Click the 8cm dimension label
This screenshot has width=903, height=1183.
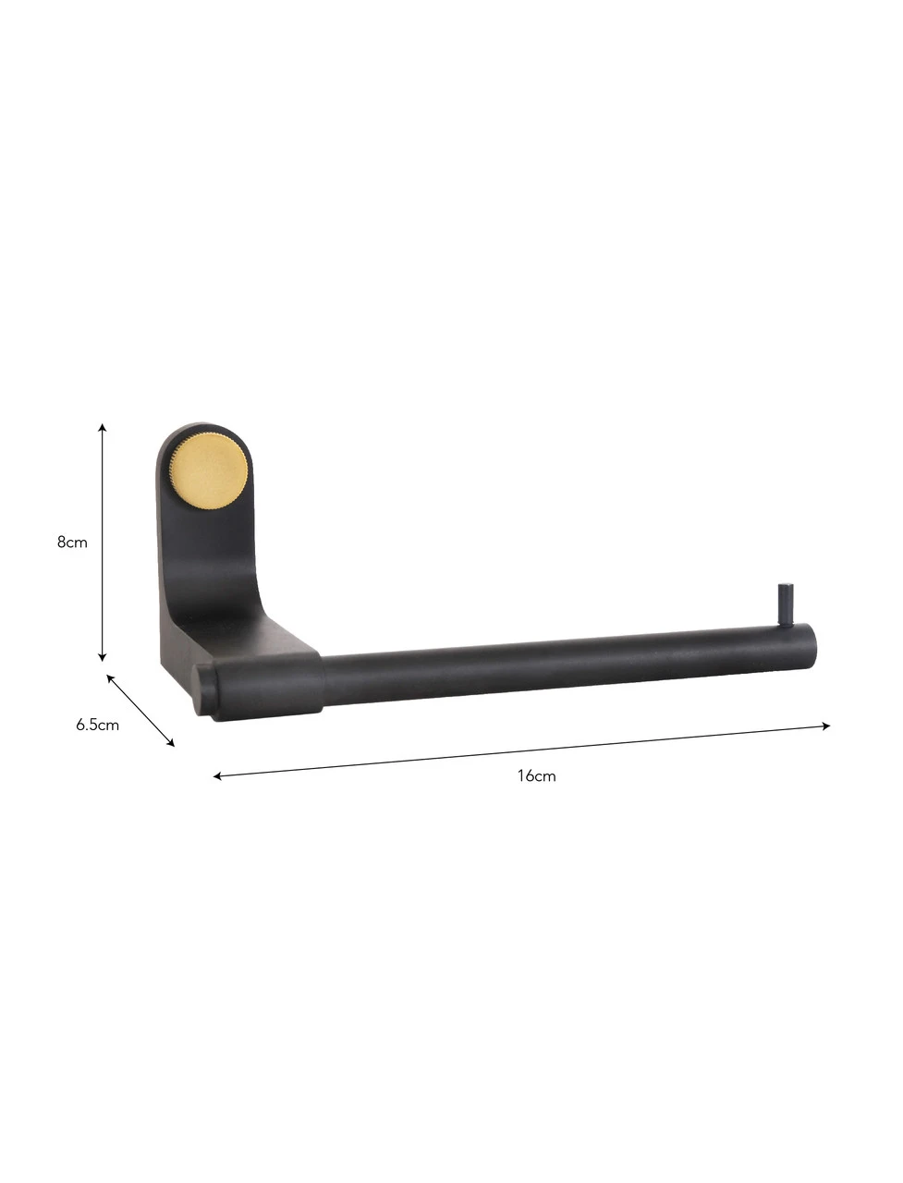72,542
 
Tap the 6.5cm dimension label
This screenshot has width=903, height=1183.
97,725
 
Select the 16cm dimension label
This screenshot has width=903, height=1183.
536,775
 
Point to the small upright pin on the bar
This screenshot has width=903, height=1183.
785,604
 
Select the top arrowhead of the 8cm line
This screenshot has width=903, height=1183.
103,428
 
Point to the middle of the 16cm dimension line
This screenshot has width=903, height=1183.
522,751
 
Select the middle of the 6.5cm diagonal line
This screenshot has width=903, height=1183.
140,710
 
